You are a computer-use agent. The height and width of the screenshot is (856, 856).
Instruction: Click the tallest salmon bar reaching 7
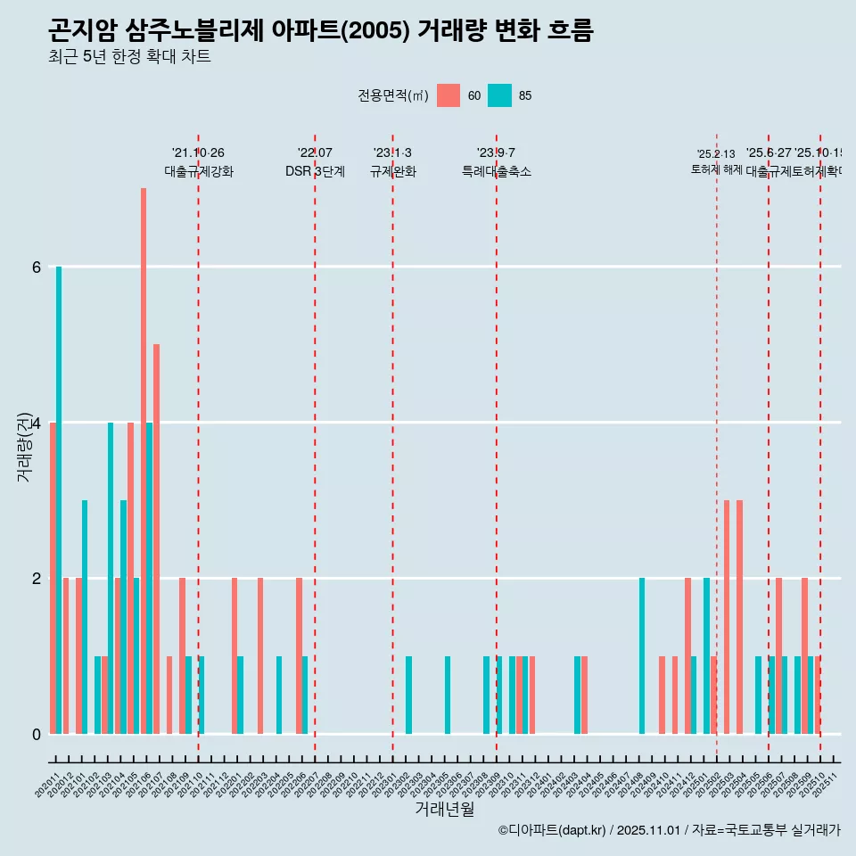point(144,460)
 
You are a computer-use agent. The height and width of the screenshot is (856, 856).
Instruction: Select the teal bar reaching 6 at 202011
point(59,499)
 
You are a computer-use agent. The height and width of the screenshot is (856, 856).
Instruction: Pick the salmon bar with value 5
point(156,539)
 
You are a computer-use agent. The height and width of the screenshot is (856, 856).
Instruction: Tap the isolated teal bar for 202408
point(642,655)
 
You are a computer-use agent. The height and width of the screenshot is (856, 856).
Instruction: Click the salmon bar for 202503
point(727,616)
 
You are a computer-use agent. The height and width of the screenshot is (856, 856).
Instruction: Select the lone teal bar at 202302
point(408,695)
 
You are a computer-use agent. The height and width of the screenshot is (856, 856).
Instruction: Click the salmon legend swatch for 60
point(449,95)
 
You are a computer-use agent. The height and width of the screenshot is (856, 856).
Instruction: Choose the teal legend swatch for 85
point(500,95)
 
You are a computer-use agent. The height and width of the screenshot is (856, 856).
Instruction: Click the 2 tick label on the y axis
point(37,579)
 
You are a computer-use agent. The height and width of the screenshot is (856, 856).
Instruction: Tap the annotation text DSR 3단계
point(315,171)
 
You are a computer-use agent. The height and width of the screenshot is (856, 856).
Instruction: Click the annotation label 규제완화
point(392,171)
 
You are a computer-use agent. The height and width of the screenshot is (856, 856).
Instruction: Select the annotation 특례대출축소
point(496,171)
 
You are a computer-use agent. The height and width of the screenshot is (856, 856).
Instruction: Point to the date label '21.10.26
point(198,153)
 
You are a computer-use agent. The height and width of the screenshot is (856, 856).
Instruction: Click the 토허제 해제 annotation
point(716,169)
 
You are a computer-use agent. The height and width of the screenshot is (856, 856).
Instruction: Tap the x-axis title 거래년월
point(444,809)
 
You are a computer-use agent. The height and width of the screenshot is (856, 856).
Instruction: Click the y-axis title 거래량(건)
point(25,446)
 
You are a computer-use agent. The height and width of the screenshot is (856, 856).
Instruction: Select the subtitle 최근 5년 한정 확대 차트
point(129,57)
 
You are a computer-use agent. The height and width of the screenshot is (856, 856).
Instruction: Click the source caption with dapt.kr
point(669,830)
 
